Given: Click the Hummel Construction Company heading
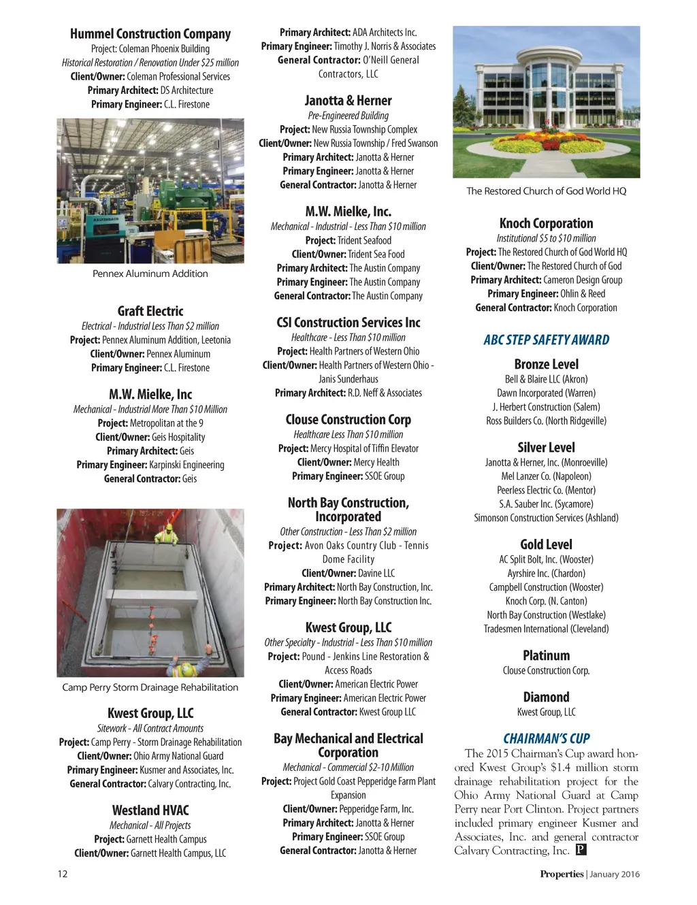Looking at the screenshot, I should coord(150,34).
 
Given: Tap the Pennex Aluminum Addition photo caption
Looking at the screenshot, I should coord(150,274).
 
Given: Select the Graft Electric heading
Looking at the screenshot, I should coord(150,311).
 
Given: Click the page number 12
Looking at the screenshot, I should coord(62,874).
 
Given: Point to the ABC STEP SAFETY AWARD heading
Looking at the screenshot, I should coord(546,340).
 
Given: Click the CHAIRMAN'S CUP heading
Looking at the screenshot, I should coord(546,738).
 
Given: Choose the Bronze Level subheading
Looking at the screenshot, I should coord(546,364).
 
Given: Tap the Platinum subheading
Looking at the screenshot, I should coord(546,655).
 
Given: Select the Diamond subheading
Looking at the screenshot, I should coord(546,697).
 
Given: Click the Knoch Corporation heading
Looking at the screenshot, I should coord(546,223).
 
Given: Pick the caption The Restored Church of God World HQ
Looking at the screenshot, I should coord(546,191).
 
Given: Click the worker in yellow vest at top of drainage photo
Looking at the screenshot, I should coord(166,538).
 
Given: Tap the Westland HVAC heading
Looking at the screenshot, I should coord(150,810).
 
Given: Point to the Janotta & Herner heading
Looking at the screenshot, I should coord(348,101).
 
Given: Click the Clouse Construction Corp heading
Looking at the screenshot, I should coord(348,420).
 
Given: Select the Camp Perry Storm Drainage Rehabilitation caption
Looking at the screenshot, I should coord(150,687).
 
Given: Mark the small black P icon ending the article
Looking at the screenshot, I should coord(581,850).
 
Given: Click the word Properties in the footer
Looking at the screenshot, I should coord(562,874).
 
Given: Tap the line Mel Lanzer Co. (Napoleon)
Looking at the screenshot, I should coord(546,476).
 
